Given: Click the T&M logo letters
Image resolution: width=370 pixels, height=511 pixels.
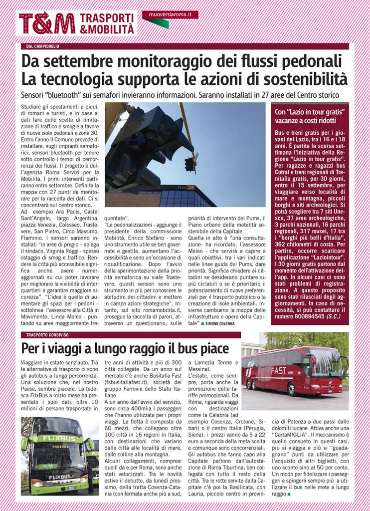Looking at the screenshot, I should [x=47, y=23].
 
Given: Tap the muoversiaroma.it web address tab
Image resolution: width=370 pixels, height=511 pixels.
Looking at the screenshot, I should [x=170, y=14].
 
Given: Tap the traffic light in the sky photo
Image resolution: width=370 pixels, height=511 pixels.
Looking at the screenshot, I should [x=189, y=164].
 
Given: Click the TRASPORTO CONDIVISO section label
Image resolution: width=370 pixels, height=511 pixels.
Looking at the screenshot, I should [x=48, y=335].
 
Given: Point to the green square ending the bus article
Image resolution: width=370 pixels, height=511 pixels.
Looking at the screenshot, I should [x=288, y=494].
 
